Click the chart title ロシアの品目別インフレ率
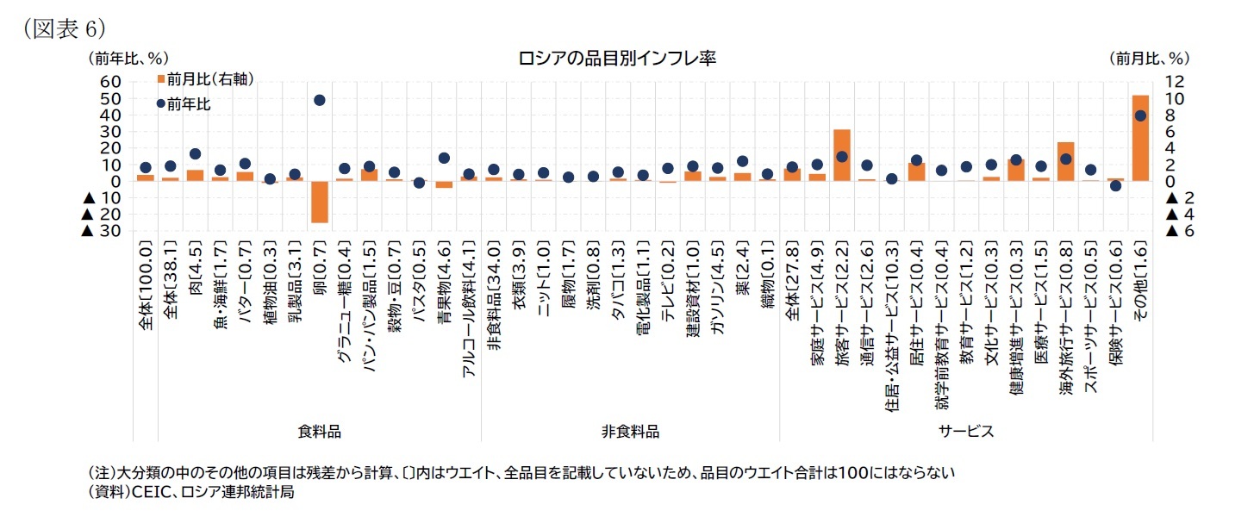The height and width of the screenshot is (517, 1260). point(616,59)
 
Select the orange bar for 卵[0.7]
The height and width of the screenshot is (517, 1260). point(320,202)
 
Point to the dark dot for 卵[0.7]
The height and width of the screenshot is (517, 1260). point(320,100)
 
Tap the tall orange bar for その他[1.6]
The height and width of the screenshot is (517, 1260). point(1140,138)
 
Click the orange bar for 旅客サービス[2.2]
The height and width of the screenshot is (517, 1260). point(842,155)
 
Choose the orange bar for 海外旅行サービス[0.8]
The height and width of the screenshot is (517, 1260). point(1065,161)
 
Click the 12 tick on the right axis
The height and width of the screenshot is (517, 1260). point(1176,81)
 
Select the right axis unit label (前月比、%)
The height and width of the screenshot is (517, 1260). point(1148,59)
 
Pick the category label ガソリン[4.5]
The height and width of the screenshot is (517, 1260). point(718,284)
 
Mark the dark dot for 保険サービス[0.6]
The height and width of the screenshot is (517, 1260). point(1115,185)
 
